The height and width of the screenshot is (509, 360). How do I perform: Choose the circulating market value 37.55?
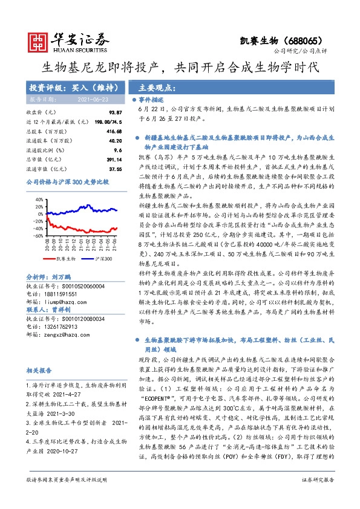pos(115,169)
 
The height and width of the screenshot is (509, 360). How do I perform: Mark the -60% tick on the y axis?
pos(38,236)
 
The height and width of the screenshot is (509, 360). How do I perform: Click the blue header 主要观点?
pos(151,86)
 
